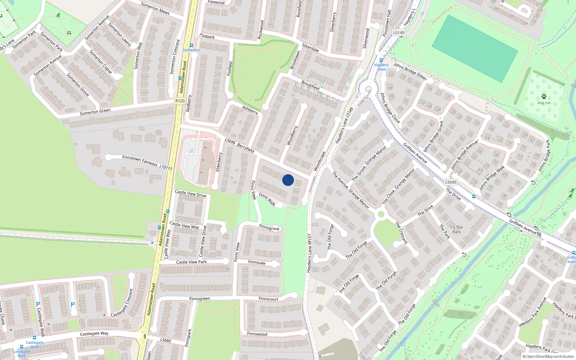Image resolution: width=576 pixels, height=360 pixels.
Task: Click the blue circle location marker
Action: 288,180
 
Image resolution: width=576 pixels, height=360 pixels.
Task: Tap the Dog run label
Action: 544,103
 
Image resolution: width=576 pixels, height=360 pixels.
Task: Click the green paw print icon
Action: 544,96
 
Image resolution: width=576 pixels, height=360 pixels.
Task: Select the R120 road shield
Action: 180,101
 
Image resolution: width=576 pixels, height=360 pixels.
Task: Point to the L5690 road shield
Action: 451,182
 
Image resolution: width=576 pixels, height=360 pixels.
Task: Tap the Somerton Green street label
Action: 95,112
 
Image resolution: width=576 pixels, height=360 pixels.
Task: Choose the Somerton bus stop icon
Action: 191,45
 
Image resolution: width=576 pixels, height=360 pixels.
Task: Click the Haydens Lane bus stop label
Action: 381,67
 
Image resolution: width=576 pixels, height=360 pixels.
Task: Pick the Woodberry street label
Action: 292,135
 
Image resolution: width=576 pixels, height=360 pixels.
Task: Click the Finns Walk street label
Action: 267,200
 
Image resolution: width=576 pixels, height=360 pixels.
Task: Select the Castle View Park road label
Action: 192,262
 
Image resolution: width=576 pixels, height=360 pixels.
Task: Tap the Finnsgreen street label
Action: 199,299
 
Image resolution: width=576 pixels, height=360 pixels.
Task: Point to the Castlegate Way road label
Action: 94,334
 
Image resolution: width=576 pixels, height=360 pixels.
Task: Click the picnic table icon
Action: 69,33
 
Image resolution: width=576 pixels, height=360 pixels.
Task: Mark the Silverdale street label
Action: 310,48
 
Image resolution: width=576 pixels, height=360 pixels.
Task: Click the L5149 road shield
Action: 399,33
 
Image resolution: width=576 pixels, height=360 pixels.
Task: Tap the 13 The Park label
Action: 456,229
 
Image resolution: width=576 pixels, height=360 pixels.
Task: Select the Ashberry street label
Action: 250,110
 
